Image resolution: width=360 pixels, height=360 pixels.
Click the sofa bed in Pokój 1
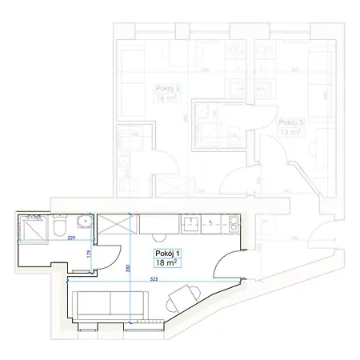(x=110, y=305)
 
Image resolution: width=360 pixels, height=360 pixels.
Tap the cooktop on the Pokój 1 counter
(x=228, y=223)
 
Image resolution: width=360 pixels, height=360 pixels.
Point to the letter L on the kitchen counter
(x=210, y=221)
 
